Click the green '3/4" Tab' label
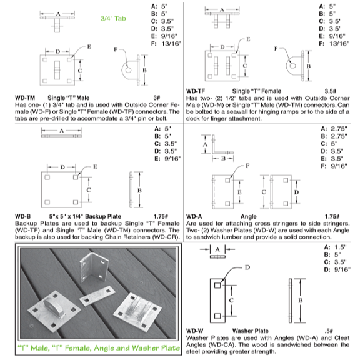click(x=113, y=18)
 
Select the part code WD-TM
click(x=25, y=97)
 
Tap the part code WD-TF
click(x=196, y=91)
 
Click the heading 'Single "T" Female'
click(x=257, y=91)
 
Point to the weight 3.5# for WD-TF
click(x=331, y=91)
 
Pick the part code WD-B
click(x=22, y=216)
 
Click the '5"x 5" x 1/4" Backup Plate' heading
click(x=85, y=216)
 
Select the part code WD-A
click(x=194, y=216)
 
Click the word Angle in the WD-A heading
click(x=248, y=216)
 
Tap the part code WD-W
click(x=195, y=331)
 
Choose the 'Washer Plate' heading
click(x=250, y=331)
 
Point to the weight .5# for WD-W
click(x=329, y=331)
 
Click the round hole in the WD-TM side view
click(x=128, y=69)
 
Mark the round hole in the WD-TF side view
click(x=292, y=66)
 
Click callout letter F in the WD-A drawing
click(x=247, y=166)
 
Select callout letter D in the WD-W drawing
click(x=247, y=267)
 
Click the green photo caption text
click(x=99, y=348)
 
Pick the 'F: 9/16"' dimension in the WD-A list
click(x=334, y=166)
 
